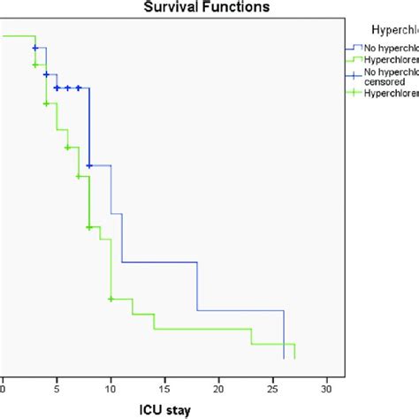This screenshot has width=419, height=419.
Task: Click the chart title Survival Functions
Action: click(x=209, y=6)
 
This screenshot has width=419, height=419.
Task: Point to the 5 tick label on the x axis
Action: click(x=57, y=386)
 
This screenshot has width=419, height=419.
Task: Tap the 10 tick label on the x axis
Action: click(x=110, y=386)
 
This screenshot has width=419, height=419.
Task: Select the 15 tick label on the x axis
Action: click(x=164, y=386)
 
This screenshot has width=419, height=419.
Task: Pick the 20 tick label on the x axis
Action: click(x=218, y=386)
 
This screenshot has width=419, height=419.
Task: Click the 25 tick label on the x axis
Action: click(x=272, y=386)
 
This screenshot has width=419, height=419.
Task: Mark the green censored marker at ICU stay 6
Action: click(x=67, y=148)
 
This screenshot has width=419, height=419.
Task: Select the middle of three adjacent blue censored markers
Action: click(x=67, y=88)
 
